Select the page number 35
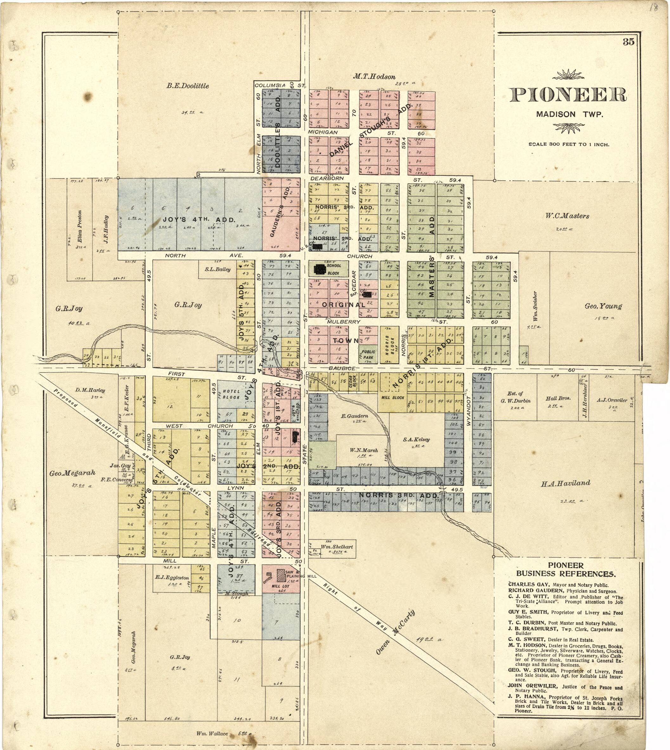[x=628, y=42]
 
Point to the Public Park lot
[x=368, y=355]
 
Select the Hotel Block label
[x=231, y=394]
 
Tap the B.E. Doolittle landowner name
[x=187, y=86]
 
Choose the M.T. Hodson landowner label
[x=374, y=76]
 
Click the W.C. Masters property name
[x=567, y=216]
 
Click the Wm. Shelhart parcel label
[x=336, y=547]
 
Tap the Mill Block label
[x=393, y=398]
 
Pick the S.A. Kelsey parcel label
[x=416, y=439]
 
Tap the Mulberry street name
[x=343, y=322]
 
